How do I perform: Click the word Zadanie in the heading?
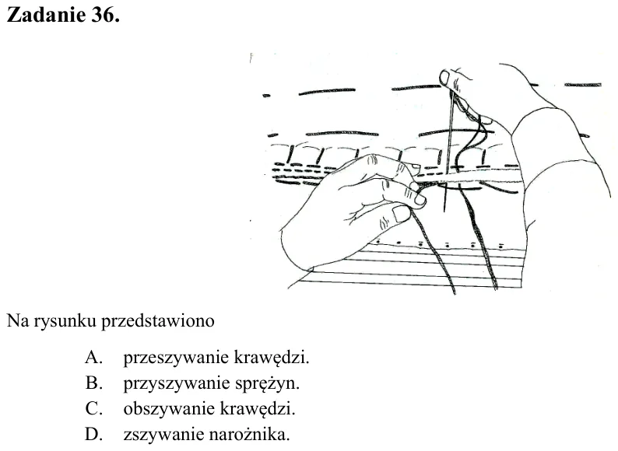coord(46,15)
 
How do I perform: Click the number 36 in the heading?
coord(105,15)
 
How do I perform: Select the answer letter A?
coord(94,357)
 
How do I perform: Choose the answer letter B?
coord(94,383)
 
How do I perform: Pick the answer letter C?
coord(94,409)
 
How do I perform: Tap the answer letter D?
coord(94,435)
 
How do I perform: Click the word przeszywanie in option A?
coord(176,358)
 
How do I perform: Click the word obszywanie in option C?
coord(169,410)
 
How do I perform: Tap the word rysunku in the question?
coord(65,321)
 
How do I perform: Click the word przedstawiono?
coord(158,321)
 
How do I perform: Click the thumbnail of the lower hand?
coord(401,214)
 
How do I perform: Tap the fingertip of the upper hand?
coord(445,77)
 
